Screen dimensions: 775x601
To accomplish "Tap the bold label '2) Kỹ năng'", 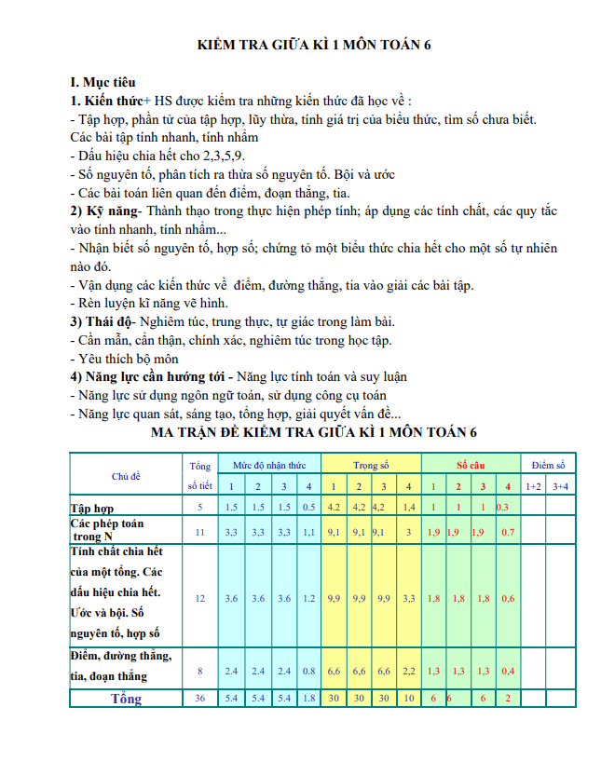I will tap(103, 211).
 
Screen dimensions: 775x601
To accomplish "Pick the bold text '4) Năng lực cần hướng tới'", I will tap(150, 376).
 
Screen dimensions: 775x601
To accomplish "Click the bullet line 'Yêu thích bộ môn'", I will tap(125, 359).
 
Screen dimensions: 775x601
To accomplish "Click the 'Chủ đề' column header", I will tap(126, 475).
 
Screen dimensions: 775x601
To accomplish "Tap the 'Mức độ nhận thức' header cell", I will tap(269, 465).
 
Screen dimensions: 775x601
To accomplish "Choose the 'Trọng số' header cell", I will tap(371, 465).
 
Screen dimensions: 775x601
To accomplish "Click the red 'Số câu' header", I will tap(471, 465).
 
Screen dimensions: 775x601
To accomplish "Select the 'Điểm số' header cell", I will tap(548, 465).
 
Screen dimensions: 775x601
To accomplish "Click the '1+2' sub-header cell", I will tap(533, 486).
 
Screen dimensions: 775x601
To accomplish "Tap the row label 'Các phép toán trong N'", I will tap(107, 530).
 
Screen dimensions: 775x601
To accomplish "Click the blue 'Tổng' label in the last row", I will tap(126, 698).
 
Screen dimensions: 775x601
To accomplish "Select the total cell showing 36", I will tap(199, 698).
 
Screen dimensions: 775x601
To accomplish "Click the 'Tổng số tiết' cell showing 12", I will tap(199, 598).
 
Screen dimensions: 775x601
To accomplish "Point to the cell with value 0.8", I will tap(308, 671).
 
